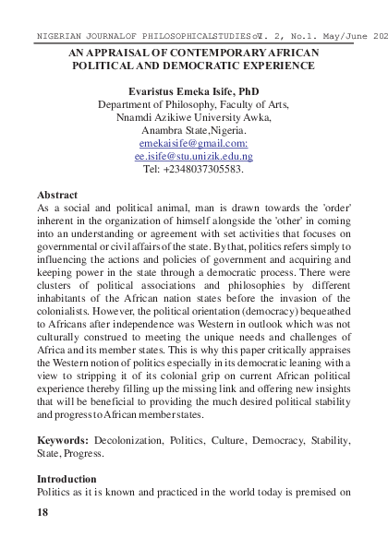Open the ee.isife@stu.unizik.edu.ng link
click(193, 158)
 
